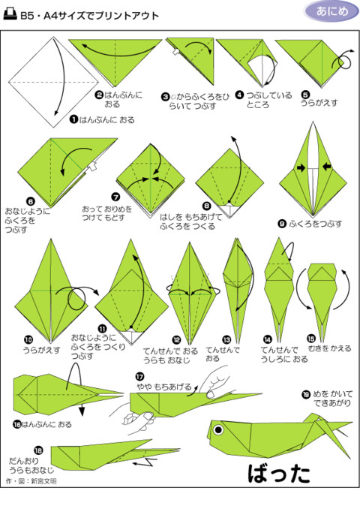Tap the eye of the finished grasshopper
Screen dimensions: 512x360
tap(220, 430)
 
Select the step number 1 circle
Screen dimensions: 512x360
tap(73, 119)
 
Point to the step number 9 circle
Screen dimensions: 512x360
tap(281, 223)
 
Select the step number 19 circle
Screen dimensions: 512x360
tap(305, 393)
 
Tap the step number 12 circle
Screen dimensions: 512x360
tap(176, 340)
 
